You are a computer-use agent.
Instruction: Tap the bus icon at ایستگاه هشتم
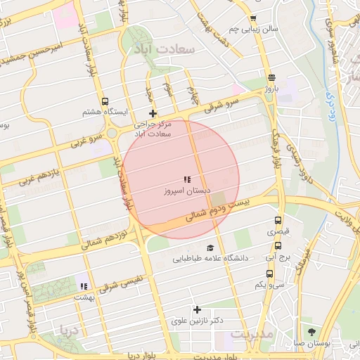tap(105, 101)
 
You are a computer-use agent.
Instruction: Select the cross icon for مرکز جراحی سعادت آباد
tap(153, 113)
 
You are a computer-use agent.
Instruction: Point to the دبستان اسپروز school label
tap(184, 191)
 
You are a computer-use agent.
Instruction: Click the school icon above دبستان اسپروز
tap(186, 180)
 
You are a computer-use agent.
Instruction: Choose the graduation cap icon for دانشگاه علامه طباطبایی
tap(210, 247)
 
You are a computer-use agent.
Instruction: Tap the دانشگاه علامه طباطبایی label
tap(211, 258)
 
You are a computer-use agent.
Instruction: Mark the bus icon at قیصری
tap(278, 220)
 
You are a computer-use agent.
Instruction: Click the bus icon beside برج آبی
tap(278, 246)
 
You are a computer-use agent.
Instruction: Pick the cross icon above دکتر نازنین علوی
tap(197, 309)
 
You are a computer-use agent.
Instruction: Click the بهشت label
tap(84, 297)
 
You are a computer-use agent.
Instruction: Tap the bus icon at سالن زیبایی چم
tap(253, 19)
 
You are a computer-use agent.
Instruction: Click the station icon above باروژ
tap(271, 78)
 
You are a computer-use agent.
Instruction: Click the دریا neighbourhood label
tap(70, 330)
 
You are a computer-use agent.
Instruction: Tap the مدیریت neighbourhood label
tap(251, 335)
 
